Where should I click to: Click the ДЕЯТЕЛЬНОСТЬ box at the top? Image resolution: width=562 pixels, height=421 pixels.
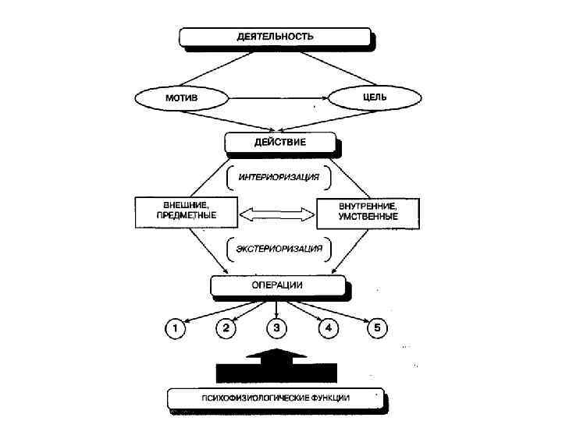point(275,37)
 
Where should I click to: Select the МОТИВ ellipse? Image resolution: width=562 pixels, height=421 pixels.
point(181,99)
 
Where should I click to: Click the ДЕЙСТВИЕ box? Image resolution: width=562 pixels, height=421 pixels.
point(280,143)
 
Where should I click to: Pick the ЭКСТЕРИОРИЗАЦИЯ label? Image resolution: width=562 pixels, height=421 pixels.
point(278,250)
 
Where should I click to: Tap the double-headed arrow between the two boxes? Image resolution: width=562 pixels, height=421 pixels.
point(276,213)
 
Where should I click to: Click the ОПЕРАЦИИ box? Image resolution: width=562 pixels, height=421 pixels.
point(278,286)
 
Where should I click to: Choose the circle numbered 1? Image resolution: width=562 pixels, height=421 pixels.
point(176,328)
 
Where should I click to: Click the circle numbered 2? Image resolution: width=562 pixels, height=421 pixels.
point(226,328)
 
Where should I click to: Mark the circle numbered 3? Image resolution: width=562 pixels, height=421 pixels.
point(276,328)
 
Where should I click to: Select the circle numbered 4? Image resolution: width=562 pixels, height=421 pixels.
point(327,328)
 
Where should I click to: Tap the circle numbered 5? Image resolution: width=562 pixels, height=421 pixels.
point(377,328)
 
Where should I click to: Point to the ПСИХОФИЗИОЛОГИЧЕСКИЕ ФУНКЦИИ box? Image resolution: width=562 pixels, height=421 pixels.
point(275,398)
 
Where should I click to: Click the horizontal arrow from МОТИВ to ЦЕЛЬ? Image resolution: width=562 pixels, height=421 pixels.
point(278,99)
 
